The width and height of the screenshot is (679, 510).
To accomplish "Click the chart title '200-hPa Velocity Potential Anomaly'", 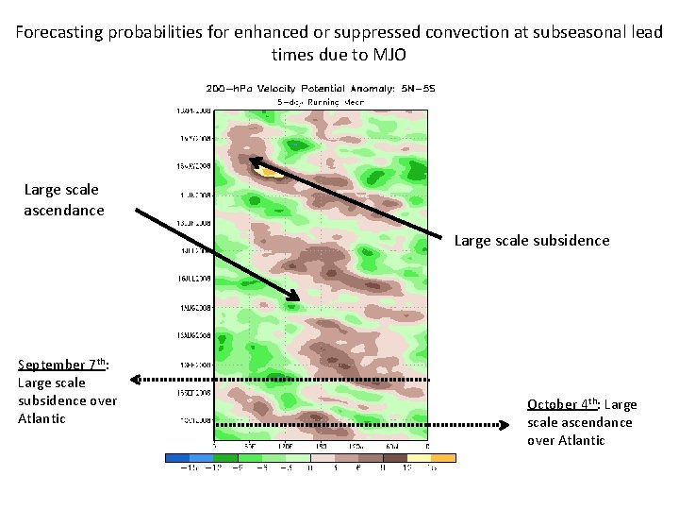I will tap(321, 89).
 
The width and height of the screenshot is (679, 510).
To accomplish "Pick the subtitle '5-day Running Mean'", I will tap(321, 100).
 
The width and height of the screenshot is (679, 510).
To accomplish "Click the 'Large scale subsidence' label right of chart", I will tap(532, 240).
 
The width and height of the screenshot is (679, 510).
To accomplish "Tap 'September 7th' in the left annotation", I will tap(62, 365).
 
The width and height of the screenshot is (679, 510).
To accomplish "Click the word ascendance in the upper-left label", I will tap(64, 210).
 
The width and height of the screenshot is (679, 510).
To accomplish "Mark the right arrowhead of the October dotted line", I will tap(520, 425).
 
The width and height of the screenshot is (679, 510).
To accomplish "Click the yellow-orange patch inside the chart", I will tap(271, 173).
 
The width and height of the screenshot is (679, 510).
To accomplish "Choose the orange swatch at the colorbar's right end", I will tap(442, 457).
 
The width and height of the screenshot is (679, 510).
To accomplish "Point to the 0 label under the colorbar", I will tap(310, 469).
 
